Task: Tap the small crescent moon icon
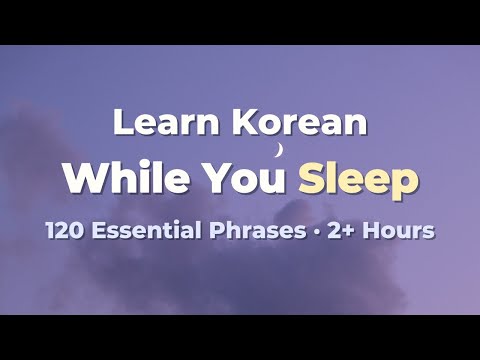tap(280, 151)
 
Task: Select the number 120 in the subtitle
tap(64, 231)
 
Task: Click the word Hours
tap(398, 231)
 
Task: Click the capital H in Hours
tap(369, 231)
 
